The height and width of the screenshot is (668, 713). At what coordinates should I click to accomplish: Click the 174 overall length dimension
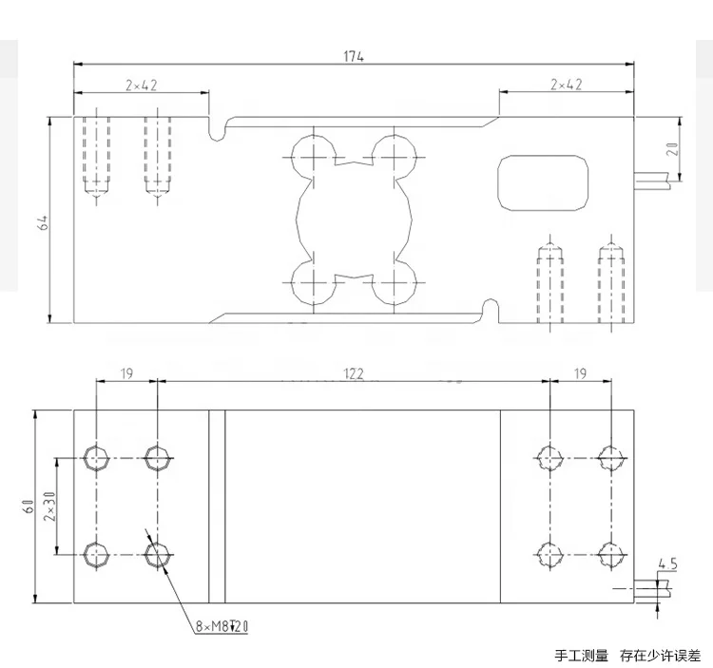[x=354, y=56]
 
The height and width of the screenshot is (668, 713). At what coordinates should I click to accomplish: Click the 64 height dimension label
[x=43, y=221]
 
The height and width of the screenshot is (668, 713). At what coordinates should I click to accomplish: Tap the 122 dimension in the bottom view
[x=353, y=374]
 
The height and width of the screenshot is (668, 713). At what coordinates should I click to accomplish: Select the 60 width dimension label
[x=29, y=506]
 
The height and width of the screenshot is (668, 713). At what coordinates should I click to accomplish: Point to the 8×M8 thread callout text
[x=220, y=626]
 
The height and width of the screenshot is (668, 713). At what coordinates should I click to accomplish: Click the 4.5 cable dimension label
[x=666, y=564]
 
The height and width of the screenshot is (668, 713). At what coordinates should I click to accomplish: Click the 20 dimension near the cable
[x=671, y=149]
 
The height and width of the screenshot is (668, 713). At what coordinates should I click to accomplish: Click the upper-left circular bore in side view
[x=311, y=154]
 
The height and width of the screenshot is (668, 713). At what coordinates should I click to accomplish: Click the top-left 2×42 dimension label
[x=141, y=85]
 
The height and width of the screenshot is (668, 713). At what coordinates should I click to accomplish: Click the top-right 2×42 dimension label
[x=566, y=85]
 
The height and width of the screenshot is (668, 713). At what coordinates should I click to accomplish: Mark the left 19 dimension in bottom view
[x=126, y=374]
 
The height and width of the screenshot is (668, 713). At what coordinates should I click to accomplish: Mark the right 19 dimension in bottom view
[x=579, y=374]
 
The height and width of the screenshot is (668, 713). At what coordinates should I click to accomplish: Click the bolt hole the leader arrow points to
[x=158, y=554]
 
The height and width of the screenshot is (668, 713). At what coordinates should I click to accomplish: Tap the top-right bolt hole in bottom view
[x=609, y=458]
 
